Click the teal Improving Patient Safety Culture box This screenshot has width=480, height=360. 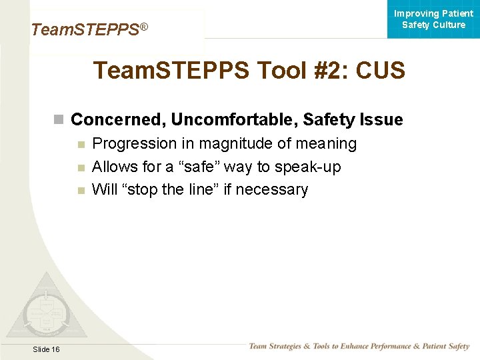[433, 19]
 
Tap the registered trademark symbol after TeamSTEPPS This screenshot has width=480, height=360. [143, 27]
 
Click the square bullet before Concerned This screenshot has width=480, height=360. [59, 120]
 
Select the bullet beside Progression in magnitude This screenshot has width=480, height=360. [81, 144]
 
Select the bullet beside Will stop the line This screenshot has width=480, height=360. [81, 190]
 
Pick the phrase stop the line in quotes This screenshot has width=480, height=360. [169, 190]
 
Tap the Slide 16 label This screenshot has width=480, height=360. [45, 349]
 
